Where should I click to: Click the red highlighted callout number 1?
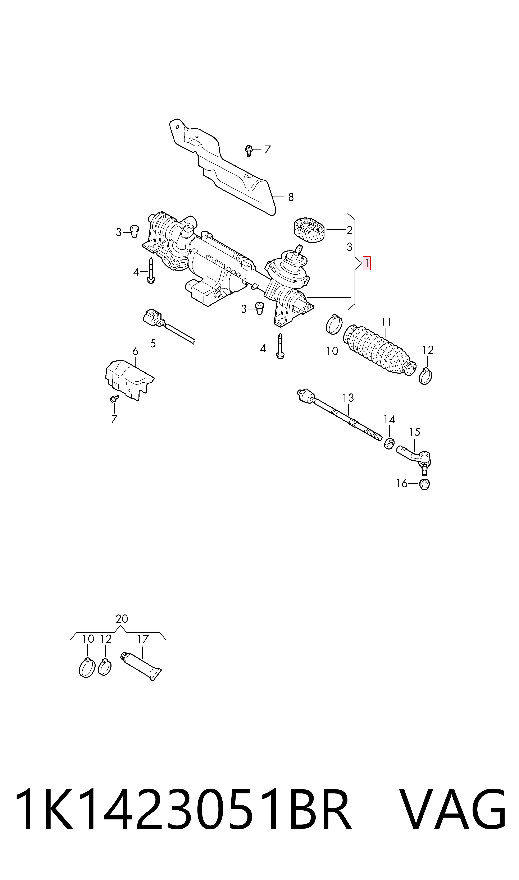tap(366, 263)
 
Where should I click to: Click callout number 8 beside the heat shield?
tap(291, 197)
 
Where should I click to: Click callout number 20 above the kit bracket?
tap(122, 619)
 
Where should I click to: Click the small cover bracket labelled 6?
tap(129, 379)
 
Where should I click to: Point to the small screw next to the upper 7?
tap(249, 151)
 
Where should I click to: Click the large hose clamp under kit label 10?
tap(87, 668)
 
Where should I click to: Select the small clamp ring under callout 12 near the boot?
tap(425, 376)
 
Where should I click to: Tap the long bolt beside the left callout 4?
tap(151, 271)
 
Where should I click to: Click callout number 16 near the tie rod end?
tap(401, 484)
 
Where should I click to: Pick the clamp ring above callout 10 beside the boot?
tap(334, 324)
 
